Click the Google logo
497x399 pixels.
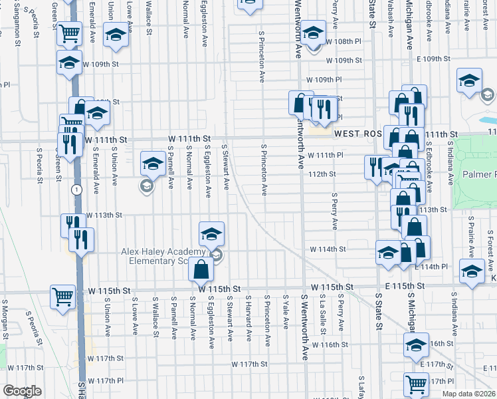coord(22,391)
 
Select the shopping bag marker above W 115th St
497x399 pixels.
coord(201,269)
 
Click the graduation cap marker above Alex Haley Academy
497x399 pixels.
coord(211,234)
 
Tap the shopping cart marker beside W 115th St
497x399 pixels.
coord(62,296)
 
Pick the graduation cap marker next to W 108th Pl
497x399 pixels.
coord(312,31)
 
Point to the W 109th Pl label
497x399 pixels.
coord(324,80)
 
